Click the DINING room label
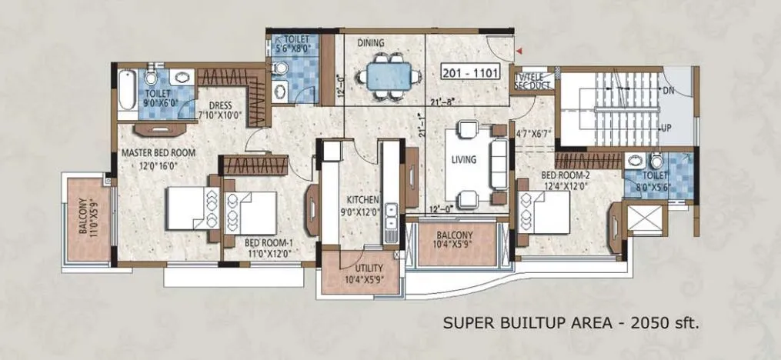pyautogui.click(x=371, y=44)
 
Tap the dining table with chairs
pyautogui.click(x=382, y=77)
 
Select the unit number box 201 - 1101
pyautogui.click(x=469, y=74)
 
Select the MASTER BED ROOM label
pyautogui.click(x=158, y=153)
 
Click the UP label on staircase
pyautogui.click(x=669, y=127)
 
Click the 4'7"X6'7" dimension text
pyautogui.click(x=534, y=132)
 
